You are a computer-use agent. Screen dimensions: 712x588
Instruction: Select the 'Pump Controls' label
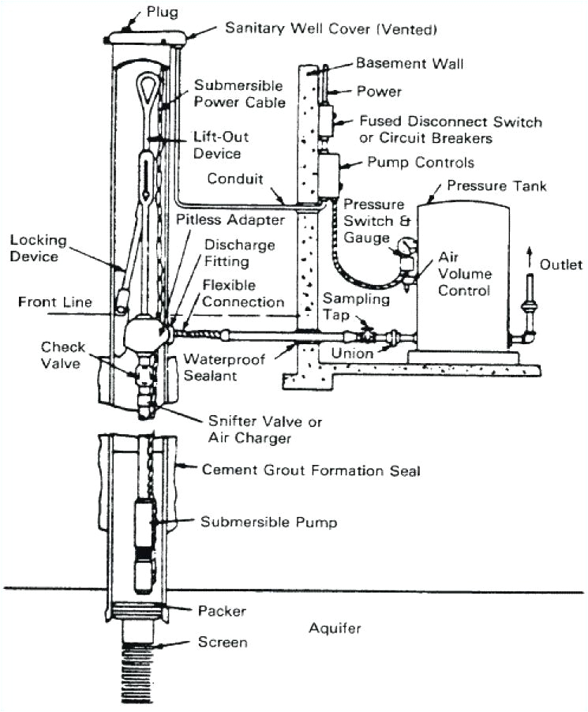pos(421,163)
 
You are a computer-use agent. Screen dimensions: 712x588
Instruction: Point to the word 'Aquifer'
pos(335,628)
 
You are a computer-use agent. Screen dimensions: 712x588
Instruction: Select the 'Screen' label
pos(223,642)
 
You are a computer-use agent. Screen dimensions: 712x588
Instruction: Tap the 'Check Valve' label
pos(63,354)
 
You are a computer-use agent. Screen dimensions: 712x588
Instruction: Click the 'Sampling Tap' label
pos(356,306)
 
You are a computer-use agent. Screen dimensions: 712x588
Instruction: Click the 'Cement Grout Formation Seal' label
pos(311,470)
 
